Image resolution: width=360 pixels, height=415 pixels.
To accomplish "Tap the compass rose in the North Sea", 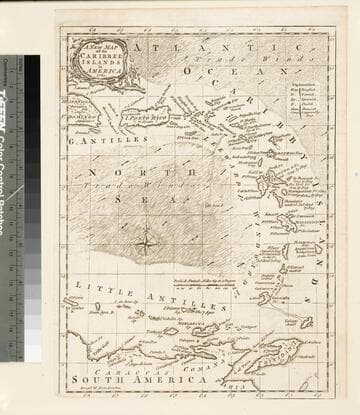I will click(x=146, y=241).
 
